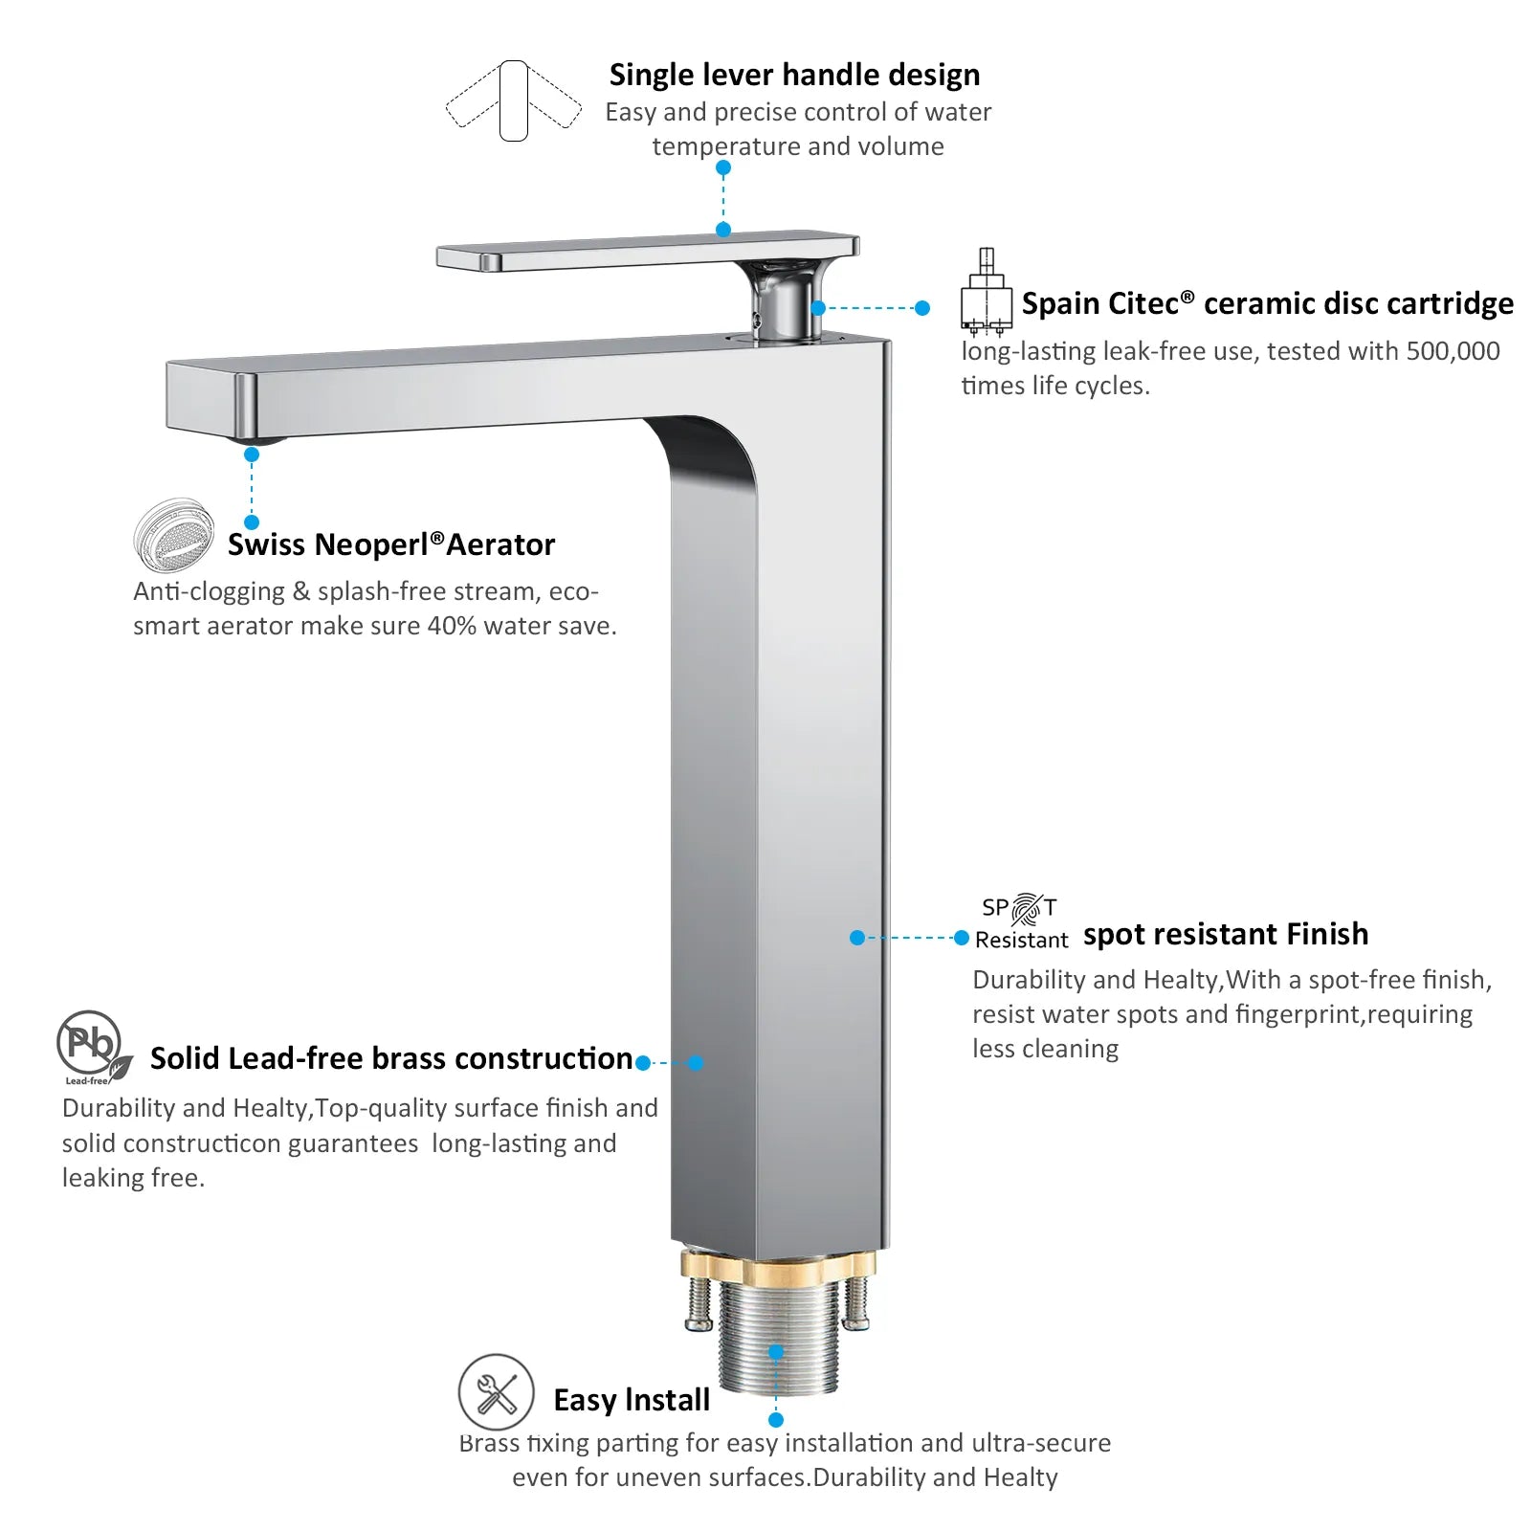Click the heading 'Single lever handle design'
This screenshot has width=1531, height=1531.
[x=794, y=75]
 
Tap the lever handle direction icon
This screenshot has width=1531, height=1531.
[x=514, y=100]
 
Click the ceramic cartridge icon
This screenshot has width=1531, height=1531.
[x=986, y=292]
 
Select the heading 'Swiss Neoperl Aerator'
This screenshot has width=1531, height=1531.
[x=390, y=544]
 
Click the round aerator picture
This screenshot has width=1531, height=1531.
[x=173, y=534]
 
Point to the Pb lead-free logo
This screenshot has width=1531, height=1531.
[x=94, y=1047]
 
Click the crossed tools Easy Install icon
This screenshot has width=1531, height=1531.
[x=496, y=1392]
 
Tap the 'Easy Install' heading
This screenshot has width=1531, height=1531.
[x=632, y=1400]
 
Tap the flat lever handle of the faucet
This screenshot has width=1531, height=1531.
[x=648, y=251]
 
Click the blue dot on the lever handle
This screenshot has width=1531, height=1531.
[x=723, y=230]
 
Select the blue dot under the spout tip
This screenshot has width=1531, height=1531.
[x=252, y=455]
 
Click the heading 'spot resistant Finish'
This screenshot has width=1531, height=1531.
[x=1226, y=934]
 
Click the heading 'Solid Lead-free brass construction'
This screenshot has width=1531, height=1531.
[x=391, y=1058]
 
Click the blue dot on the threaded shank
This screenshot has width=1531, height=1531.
[x=776, y=1351]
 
